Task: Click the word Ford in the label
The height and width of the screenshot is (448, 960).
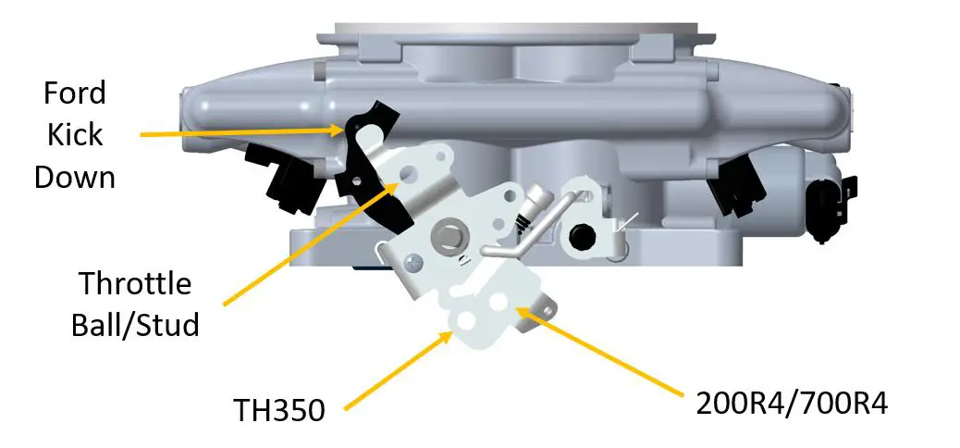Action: coord(75,93)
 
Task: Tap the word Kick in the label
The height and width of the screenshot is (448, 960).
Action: coord(75,134)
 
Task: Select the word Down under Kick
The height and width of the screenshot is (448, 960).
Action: coord(75,176)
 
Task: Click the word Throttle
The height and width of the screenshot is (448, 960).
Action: coord(135,283)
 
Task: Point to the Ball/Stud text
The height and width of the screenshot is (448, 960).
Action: coord(135,325)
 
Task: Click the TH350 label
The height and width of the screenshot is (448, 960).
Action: coord(278,409)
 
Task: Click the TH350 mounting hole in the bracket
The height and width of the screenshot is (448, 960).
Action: coord(462,318)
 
